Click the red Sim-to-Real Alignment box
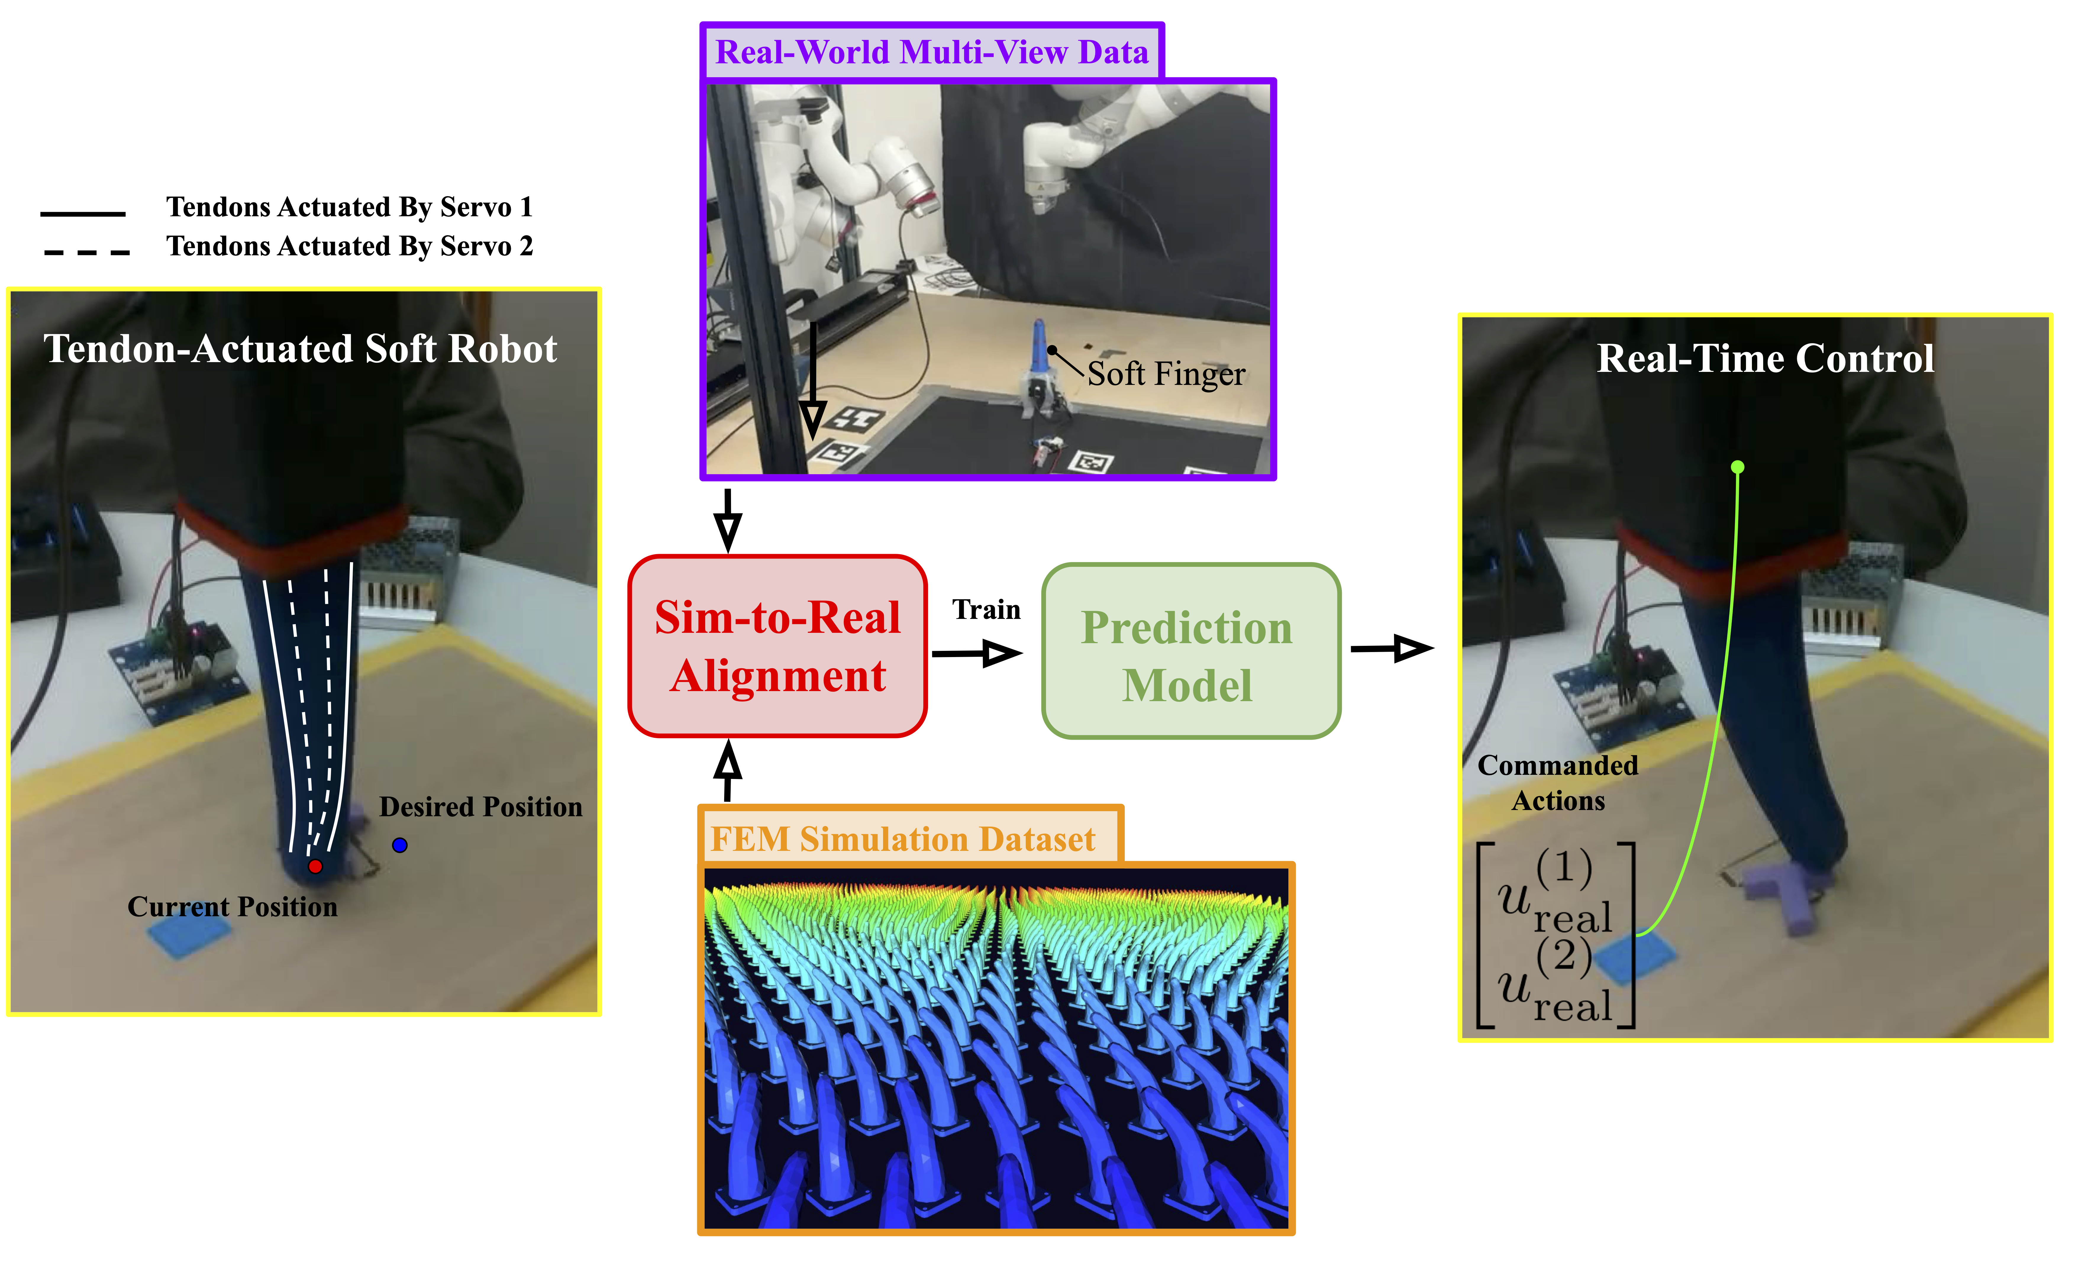click(x=777, y=646)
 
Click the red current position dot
click(x=315, y=867)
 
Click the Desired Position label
click(x=481, y=807)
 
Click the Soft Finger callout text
click(x=1166, y=374)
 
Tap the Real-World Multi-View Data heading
click(x=932, y=53)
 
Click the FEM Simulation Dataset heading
click(x=903, y=839)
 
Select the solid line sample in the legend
click(x=83, y=213)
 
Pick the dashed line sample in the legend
click(x=87, y=252)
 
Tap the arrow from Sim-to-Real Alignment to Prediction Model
click(x=977, y=653)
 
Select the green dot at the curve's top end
click(x=1738, y=467)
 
